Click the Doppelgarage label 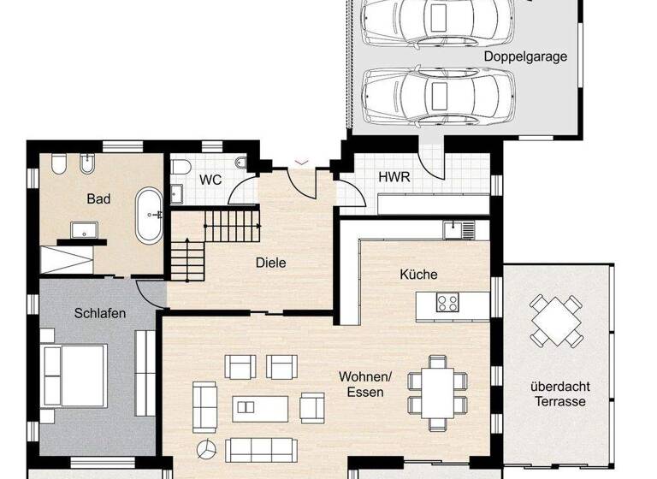coord(525,56)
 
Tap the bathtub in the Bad coord(150,215)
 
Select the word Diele coord(270,263)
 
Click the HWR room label coord(394,178)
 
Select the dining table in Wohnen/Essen coord(437,392)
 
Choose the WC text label coord(210,180)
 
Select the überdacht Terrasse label coord(560,393)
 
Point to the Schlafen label coord(99,313)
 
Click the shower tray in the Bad coord(72,257)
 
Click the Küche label coord(418,275)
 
